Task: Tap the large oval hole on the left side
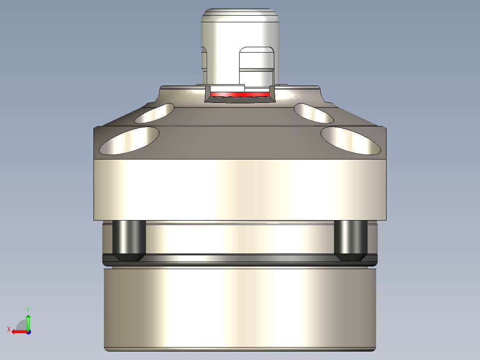point(129,140)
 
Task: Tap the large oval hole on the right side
point(351,140)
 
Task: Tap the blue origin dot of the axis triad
point(28,331)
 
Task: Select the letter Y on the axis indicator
point(28,309)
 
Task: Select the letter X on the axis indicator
point(8,330)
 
